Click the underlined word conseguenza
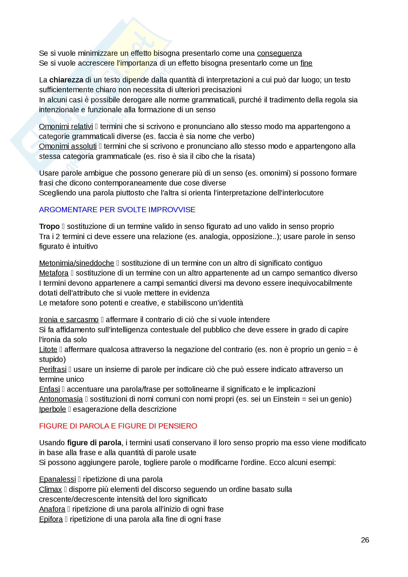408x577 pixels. pyautogui.click(x=279, y=53)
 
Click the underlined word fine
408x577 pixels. pyautogui.click(x=306, y=63)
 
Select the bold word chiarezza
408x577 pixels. pyautogui.click(x=66, y=80)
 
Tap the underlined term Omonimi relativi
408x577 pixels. pyautogui.click(x=66, y=126)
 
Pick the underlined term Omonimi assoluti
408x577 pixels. pyautogui.click(x=68, y=146)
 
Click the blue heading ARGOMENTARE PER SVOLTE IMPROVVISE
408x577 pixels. pyautogui.click(x=117, y=210)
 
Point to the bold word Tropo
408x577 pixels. pyautogui.click(x=49, y=226)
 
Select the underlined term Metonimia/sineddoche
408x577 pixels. pyautogui.click(x=77, y=263)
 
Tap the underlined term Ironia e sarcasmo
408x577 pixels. pyautogui.click(x=69, y=320)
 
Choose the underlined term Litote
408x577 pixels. pyautogui.click(x=48, y=350)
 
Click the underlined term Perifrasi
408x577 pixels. pyautogui.click(x=53, y=370)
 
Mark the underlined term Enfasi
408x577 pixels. pyautogui.click(x=49, y=389)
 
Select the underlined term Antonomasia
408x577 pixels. pyautogui.click(x=61, y=399)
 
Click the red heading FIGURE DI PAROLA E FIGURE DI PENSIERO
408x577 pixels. pyautogui.click(x=118, y=426)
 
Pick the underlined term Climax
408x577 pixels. pyautogui.click(x=50, y=489)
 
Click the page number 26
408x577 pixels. pyautogui.click(x=365, y=540)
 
